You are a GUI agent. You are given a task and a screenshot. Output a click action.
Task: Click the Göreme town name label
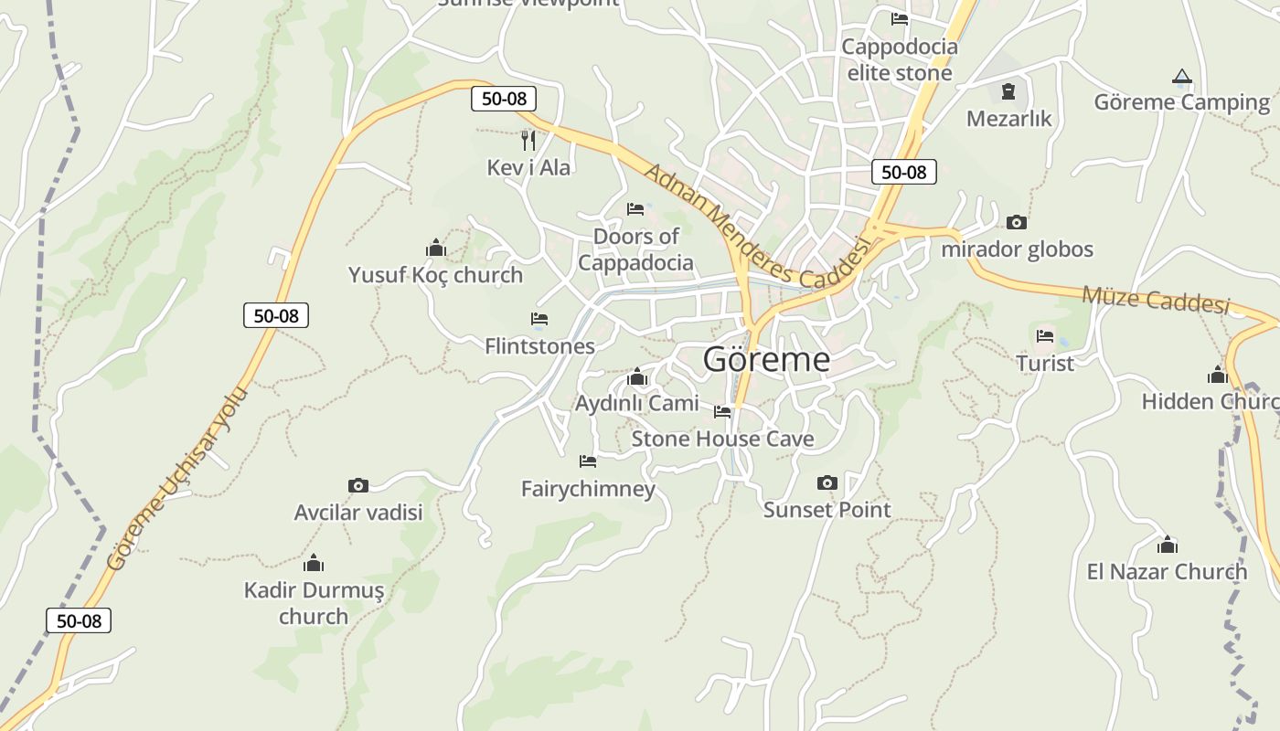(x=766, y=359)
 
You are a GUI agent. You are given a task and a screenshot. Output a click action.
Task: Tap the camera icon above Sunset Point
(x=827, y=482)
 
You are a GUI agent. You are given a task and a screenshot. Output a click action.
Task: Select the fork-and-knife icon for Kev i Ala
(x=528, y=140)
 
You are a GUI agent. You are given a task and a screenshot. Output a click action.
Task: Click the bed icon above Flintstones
(x=539, y=319)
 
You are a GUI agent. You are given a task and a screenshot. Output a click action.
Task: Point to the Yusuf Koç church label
(x=435, y=274)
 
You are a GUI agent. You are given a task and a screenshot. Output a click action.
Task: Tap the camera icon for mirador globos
(x=1016, y=222)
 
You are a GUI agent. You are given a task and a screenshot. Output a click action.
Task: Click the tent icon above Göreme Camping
(x=1182, y=77)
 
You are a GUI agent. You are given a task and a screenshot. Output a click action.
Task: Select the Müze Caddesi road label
(x=1156, y=299)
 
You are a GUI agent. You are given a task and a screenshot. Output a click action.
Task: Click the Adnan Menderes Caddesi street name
(x=755, y=224)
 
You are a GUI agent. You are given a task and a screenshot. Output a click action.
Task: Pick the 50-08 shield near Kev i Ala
(x=504, y=98)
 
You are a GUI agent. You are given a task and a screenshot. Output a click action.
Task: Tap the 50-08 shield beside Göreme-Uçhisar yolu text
(x=276, y=315)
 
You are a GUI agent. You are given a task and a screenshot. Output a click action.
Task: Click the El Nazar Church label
(x=1167, y=572)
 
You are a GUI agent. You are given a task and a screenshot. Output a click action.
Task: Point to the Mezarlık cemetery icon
(x=1008, y=91)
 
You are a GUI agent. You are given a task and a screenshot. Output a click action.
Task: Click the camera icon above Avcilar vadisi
(x=358, y=485)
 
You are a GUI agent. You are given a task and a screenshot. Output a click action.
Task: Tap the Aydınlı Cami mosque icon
(x=637, y=376)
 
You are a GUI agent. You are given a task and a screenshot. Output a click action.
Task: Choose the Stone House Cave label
(x=722, y=439)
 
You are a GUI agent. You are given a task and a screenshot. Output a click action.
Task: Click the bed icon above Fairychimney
(x=588, y=461)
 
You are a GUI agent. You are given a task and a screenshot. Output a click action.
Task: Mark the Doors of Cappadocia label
(x=636, y=249)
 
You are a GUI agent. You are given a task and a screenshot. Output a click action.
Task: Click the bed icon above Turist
(x=1045, y=335)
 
